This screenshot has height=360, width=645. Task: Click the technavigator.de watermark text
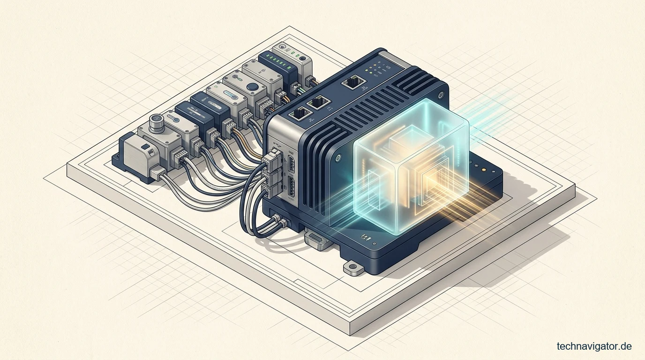(594, 346)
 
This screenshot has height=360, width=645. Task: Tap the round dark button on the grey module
(253, 87)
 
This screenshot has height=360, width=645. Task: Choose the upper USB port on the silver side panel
(291, 165)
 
